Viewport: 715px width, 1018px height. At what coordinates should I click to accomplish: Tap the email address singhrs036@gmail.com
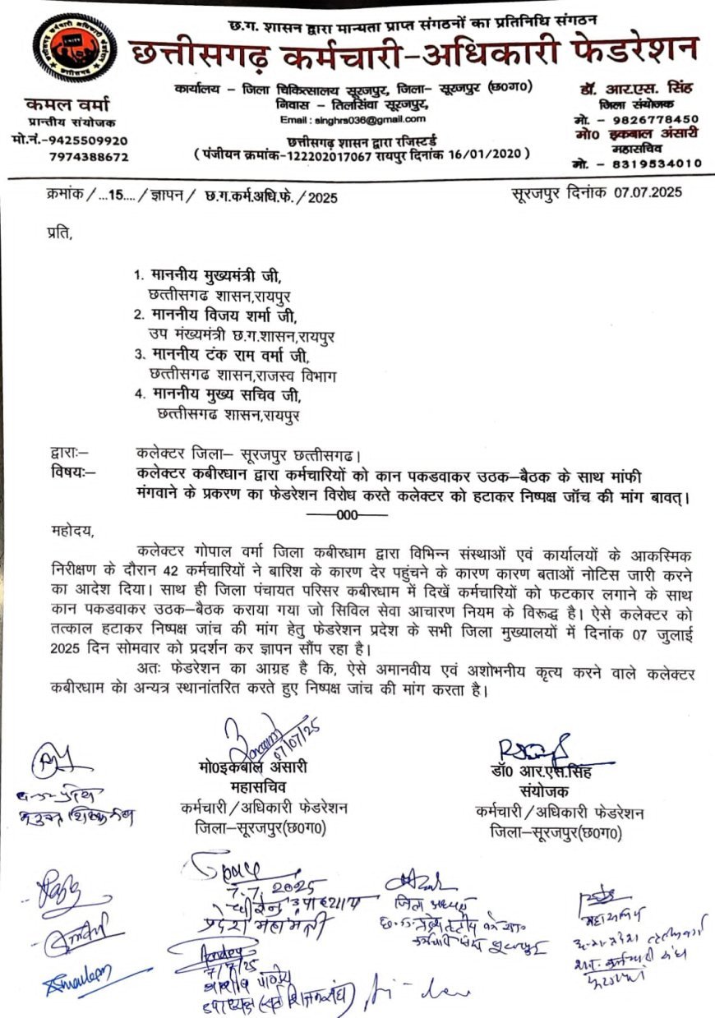click(x=338, y=120)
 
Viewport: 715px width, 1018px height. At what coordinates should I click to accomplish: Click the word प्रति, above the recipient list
click(x=60, y=235)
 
